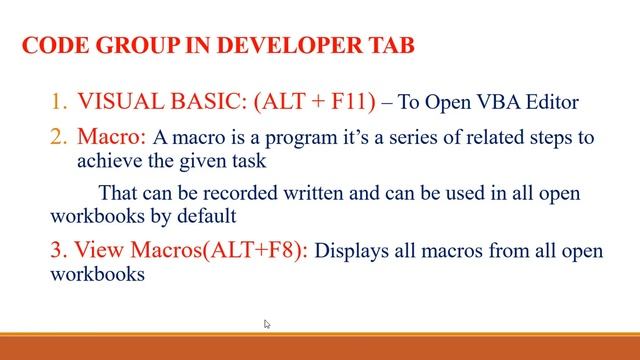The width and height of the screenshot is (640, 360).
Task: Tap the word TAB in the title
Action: (391, 46)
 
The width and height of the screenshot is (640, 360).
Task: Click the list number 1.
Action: (59, 101)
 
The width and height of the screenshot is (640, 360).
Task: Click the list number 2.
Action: (59, 135)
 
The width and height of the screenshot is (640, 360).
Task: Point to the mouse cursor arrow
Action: (268, 324)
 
